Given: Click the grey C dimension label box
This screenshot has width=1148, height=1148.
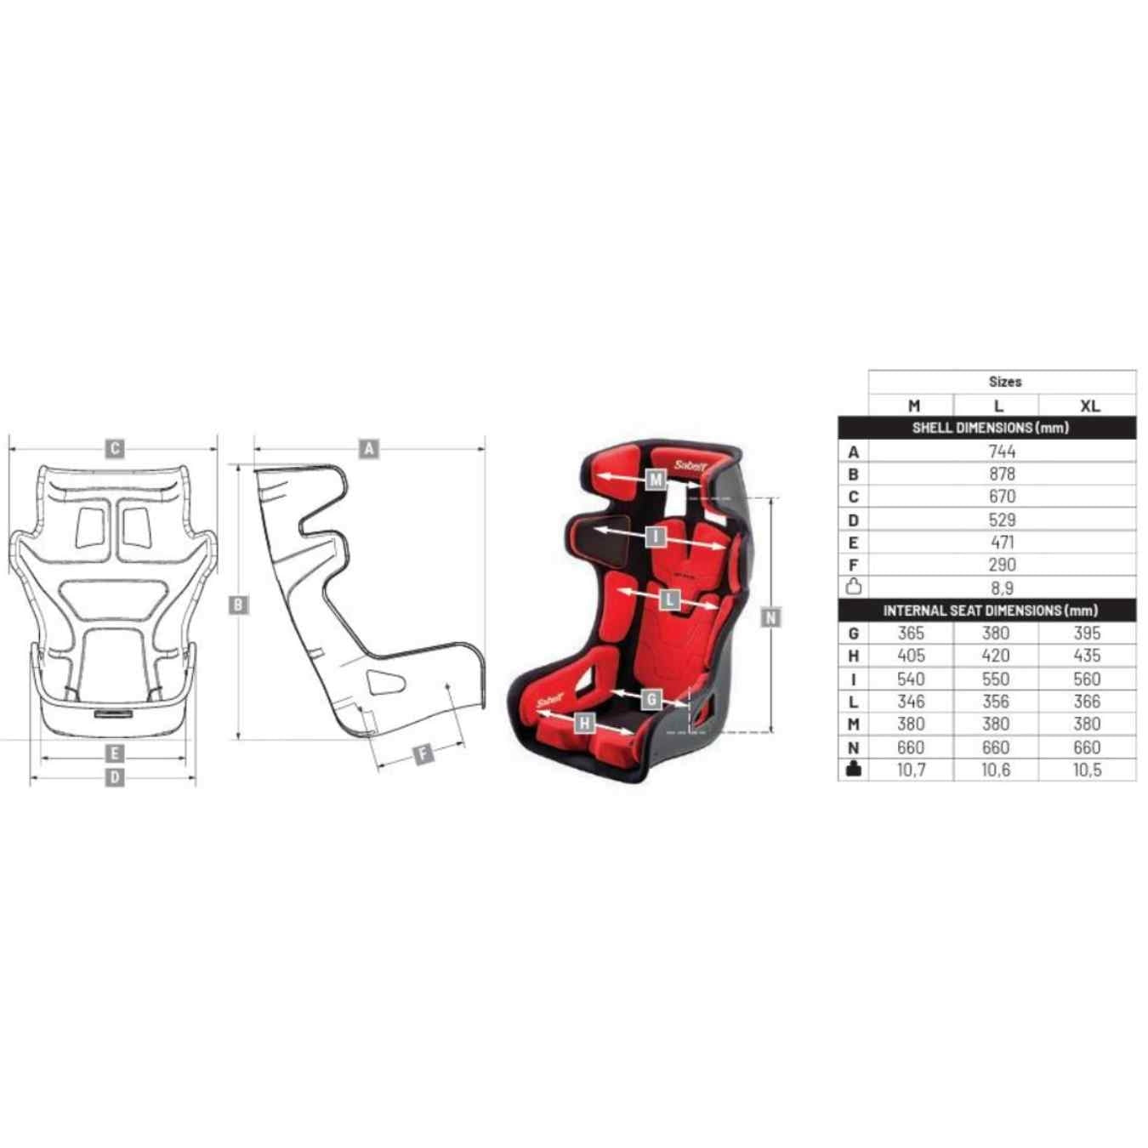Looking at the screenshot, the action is [115, 449].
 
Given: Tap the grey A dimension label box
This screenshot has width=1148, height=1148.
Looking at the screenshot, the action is [369, 449].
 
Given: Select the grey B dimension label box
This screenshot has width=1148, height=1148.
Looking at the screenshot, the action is [238, 605].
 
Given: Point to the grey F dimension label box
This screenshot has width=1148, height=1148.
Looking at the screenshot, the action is [423, 754].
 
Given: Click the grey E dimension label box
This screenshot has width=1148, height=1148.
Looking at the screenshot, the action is [115, 754].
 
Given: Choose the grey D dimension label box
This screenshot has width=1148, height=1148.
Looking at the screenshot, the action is [115, 777].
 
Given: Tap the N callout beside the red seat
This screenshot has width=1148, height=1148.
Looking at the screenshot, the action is [771, 617].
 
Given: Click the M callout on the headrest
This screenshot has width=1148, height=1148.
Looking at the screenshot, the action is [656, 479].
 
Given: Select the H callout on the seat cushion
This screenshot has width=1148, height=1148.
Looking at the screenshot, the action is [585, 724].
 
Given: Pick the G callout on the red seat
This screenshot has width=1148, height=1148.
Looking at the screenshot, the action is [651, 699].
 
